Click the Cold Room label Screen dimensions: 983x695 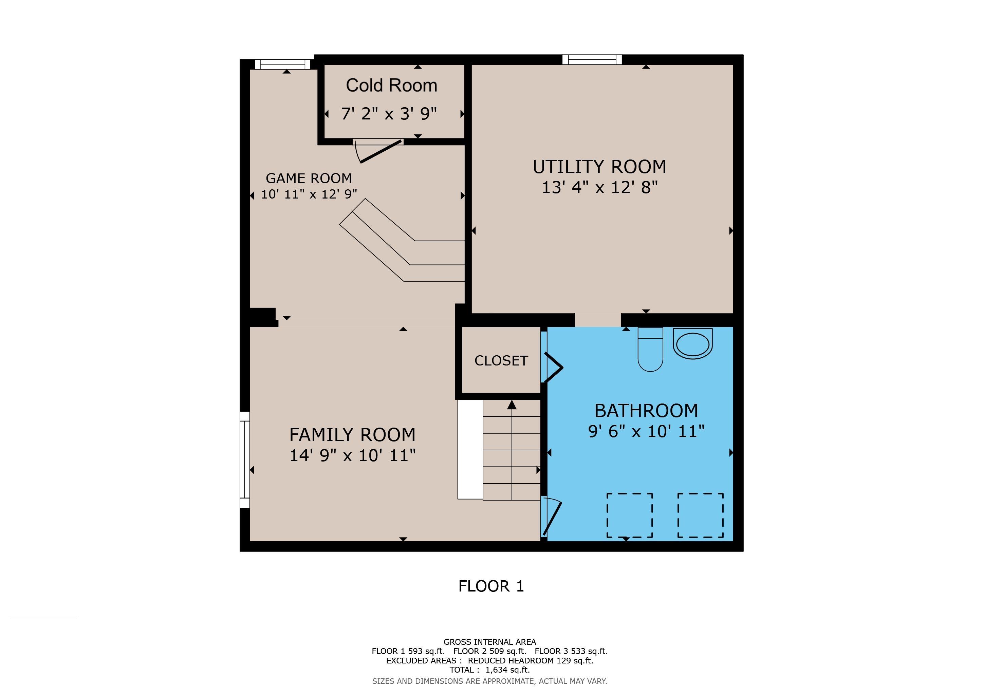click(x=391, y=85)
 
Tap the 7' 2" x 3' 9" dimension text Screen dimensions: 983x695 click(x=389, y=114)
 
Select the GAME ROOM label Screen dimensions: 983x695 click(x=309, y=178)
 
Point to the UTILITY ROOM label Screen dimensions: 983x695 click(x=599, y=167)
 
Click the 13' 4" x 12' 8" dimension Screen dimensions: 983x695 click(x=599, y=187)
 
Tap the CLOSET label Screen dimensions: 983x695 click(x=501, y=361)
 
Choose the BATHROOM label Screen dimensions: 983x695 click(x=646, y=411)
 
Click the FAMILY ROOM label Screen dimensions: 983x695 click(x=352, y=435)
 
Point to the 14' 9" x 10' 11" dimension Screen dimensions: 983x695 click(x=352, y=455)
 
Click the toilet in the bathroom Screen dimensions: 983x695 click(x=650, y=349)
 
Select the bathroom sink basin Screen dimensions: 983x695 click(x=693, y=344)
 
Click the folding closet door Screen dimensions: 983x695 click(x=553, y=367)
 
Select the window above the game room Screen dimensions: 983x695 click(x=282, y=64)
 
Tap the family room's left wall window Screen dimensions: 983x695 click(x=244, y=459)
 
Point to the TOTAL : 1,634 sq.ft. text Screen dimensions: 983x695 click(x=490, y=670)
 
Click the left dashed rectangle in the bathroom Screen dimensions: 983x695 click(x=629, y=515)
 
